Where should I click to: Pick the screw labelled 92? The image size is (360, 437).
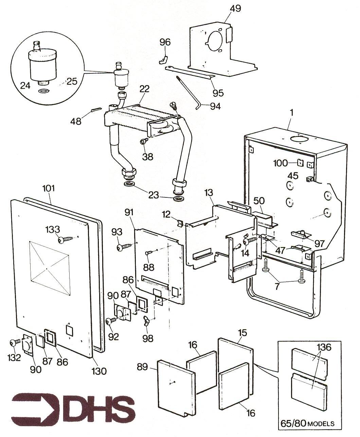point(112,321)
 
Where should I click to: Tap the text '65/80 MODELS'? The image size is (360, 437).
point(307,423)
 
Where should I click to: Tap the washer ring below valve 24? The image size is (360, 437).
point(43,91)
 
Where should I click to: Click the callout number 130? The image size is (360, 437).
point(99,371)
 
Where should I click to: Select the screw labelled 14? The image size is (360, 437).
point(250,240)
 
